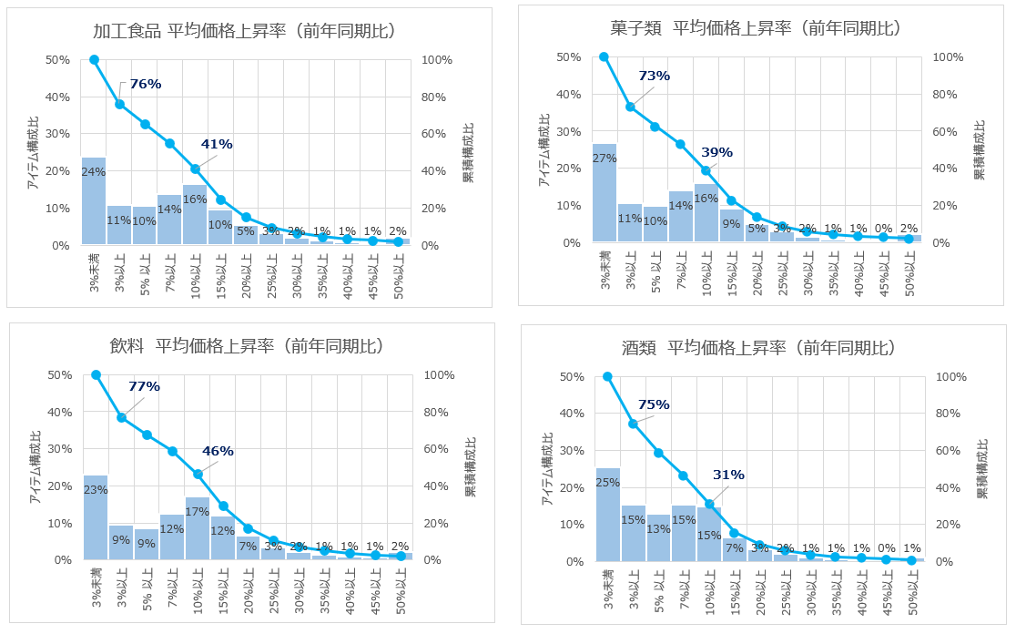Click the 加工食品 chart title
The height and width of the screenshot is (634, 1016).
click(243, 31)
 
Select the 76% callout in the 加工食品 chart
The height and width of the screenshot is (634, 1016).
click(145, 84)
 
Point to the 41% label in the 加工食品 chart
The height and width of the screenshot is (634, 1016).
click(217, 144)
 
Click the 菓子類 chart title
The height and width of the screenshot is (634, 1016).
click(755, 28)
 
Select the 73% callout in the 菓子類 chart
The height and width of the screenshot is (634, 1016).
click(654, 76)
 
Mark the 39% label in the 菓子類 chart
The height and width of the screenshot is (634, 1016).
click(716, 152)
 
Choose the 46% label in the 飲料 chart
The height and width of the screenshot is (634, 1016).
click(218, 451)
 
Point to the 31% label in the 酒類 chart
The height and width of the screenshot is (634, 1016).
click(728, 475)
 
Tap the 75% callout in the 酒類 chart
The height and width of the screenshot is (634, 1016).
click(654, 404)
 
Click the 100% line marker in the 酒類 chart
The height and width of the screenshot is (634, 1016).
click(608, 376)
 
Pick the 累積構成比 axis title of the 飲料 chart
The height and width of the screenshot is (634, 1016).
click(470, 466)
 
